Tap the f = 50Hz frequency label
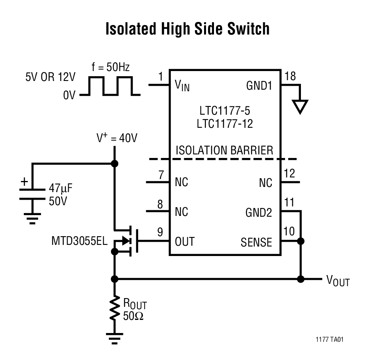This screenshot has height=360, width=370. coord(111,67)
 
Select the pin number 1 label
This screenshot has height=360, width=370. coord(160,77)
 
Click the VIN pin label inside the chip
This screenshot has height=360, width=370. coord(182,86)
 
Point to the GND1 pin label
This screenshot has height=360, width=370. coord(259,86)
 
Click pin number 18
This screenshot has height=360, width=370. coord(290,77)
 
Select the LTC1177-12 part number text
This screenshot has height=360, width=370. coord(225,124)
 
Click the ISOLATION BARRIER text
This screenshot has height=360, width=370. coord(224,150)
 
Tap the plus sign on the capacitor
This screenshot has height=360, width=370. coord(25,182)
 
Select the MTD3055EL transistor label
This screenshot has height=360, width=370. coord(79,241)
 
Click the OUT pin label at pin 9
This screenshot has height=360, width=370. coord(185,241)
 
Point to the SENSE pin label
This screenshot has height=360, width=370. coord(256,242)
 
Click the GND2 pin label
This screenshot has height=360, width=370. coord(259,213)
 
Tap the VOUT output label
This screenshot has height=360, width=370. coord(338,281)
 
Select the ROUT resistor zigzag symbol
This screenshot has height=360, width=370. coord(115,308)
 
